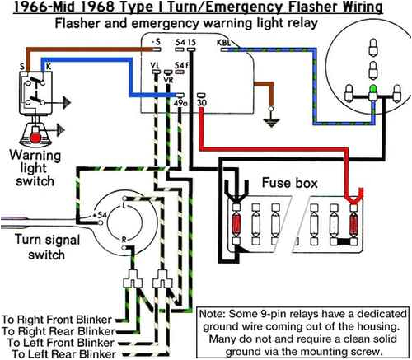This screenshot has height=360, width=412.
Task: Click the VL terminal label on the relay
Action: point(156,64)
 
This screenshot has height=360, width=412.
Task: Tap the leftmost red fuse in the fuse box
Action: point(237,225)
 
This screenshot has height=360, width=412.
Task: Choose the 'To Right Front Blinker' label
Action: point(59,316)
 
